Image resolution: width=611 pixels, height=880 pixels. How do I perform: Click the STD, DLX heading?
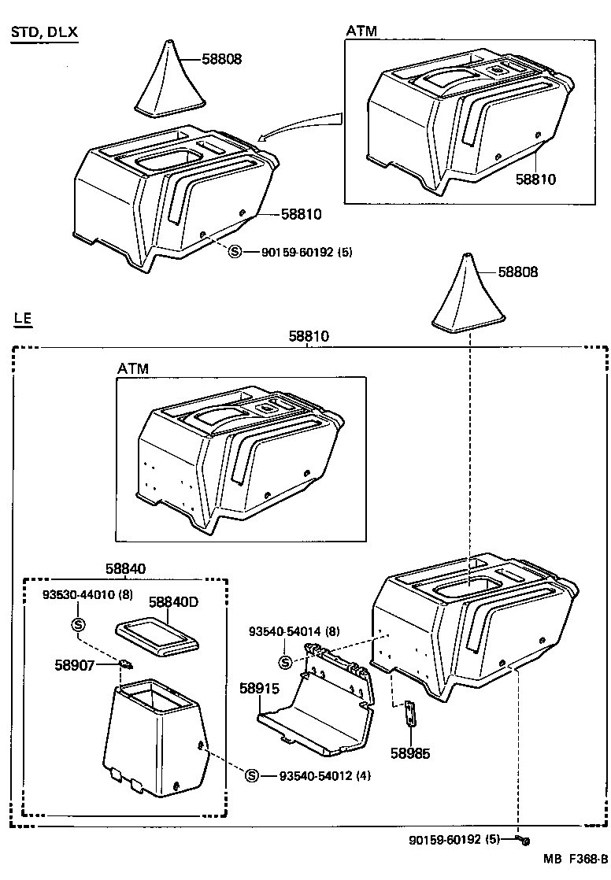(44, 32)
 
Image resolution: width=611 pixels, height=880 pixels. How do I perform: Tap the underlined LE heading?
(23, 319)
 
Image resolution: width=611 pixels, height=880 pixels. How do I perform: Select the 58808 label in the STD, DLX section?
(221, 59)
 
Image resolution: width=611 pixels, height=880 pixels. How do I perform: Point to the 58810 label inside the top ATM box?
(535, 179)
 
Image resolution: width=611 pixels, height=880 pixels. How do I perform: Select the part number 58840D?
(173, 602)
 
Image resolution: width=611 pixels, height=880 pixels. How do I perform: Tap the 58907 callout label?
(75, 665)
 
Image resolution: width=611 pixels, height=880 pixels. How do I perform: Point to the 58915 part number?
(259, 687)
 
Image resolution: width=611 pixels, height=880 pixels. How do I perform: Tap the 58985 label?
(410, 752)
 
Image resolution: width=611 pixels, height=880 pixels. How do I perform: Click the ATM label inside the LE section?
(133, 368)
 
